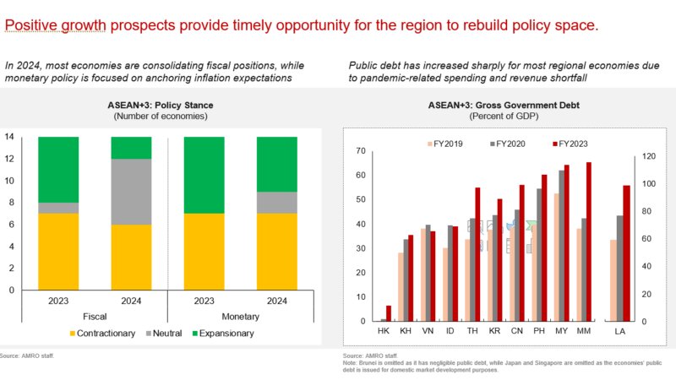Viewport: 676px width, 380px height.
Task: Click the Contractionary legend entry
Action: (101, 334)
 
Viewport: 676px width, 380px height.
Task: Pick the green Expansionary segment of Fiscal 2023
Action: (57, 170)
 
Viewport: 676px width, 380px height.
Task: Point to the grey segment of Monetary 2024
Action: (276, 203)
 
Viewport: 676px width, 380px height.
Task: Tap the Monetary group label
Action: (240, 317)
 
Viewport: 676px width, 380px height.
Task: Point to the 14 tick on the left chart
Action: (10, 137)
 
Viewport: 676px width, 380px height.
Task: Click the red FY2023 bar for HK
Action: (389, 313)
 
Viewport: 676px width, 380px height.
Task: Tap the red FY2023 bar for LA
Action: (626, 253)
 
